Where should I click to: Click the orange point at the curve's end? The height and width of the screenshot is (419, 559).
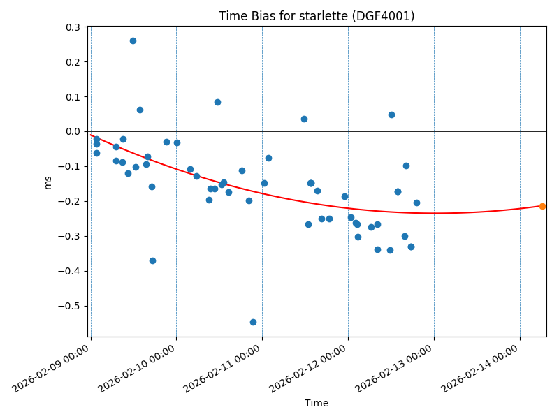[542, 206]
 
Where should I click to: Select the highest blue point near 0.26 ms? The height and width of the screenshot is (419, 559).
[133, 41]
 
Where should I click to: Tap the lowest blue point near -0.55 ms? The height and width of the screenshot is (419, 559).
[253, 322]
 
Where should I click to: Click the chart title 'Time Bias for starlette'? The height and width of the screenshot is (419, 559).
[317, 16]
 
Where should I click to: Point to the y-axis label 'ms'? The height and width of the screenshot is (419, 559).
[48, 182]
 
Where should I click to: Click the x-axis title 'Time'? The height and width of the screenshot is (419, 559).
[317, 403]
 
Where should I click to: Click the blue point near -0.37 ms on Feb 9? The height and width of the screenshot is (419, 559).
[152, 260]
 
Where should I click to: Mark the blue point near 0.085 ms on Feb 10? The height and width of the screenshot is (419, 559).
[217, 102]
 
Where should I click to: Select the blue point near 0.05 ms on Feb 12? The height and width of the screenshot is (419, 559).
[391, 115]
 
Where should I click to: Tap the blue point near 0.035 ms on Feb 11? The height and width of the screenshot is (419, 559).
[304, 119]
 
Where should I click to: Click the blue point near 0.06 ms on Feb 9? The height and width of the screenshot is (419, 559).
[140, 110]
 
